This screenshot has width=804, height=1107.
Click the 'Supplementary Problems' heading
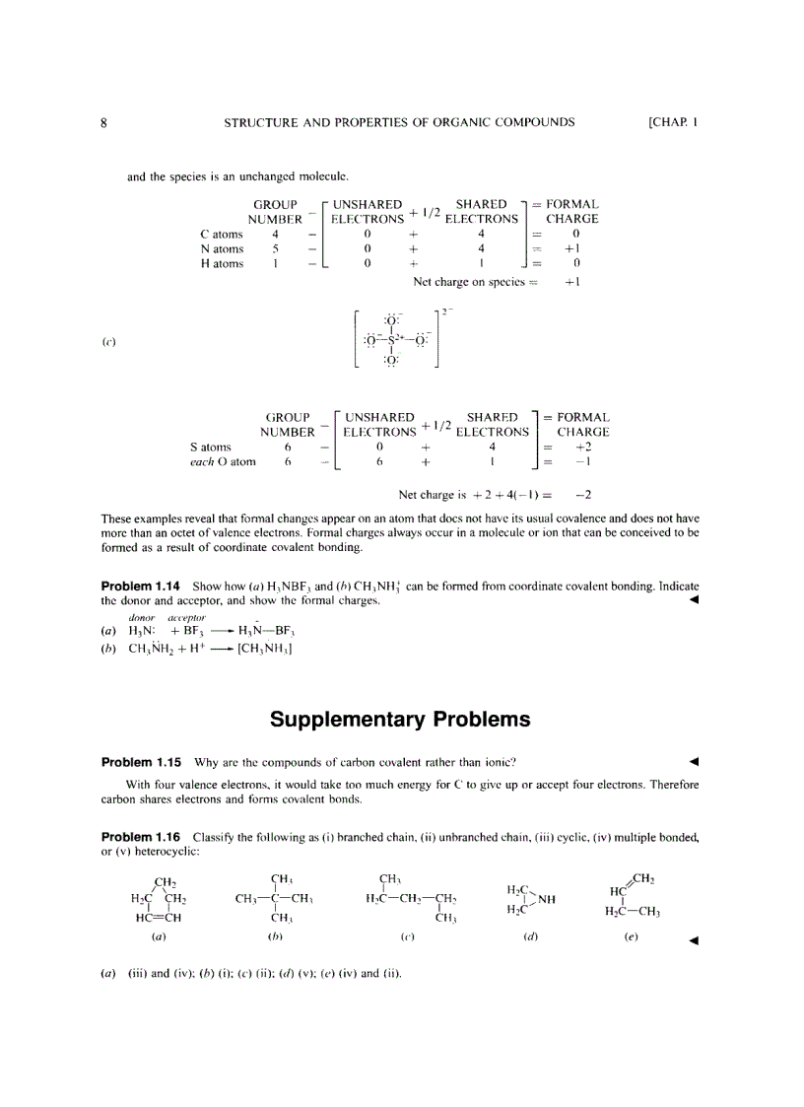(400, 720)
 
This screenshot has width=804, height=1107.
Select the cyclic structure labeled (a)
(159, 898)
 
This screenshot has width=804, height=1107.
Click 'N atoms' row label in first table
(222, 249)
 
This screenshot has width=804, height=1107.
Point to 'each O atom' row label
(223, 461)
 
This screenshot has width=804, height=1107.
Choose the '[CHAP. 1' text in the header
(672, 123)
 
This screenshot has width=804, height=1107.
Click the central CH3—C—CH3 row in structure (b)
(275, 898)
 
